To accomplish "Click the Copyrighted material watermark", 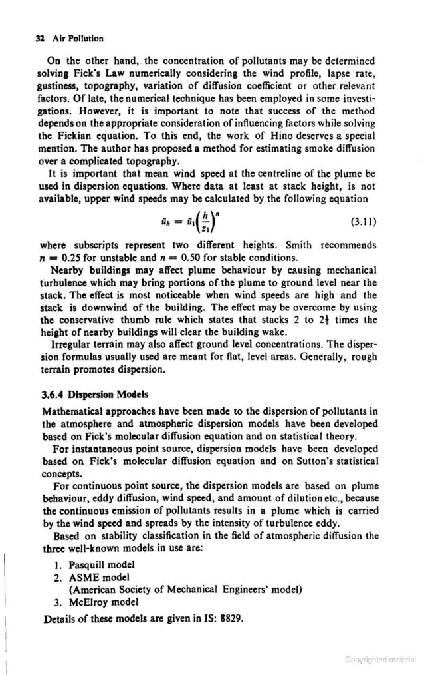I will (380, 660).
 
